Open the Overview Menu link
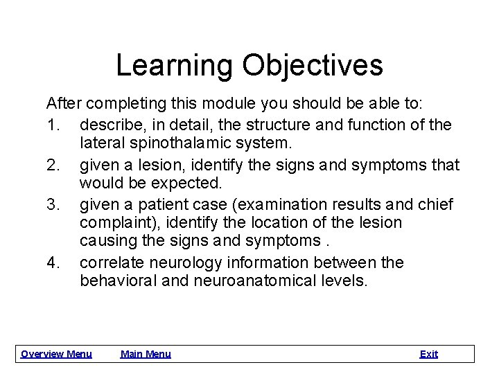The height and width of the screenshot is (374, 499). tap(56, 354)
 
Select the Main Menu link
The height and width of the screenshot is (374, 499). tap(146, 354)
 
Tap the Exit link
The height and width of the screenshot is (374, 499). tap(429, 354)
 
